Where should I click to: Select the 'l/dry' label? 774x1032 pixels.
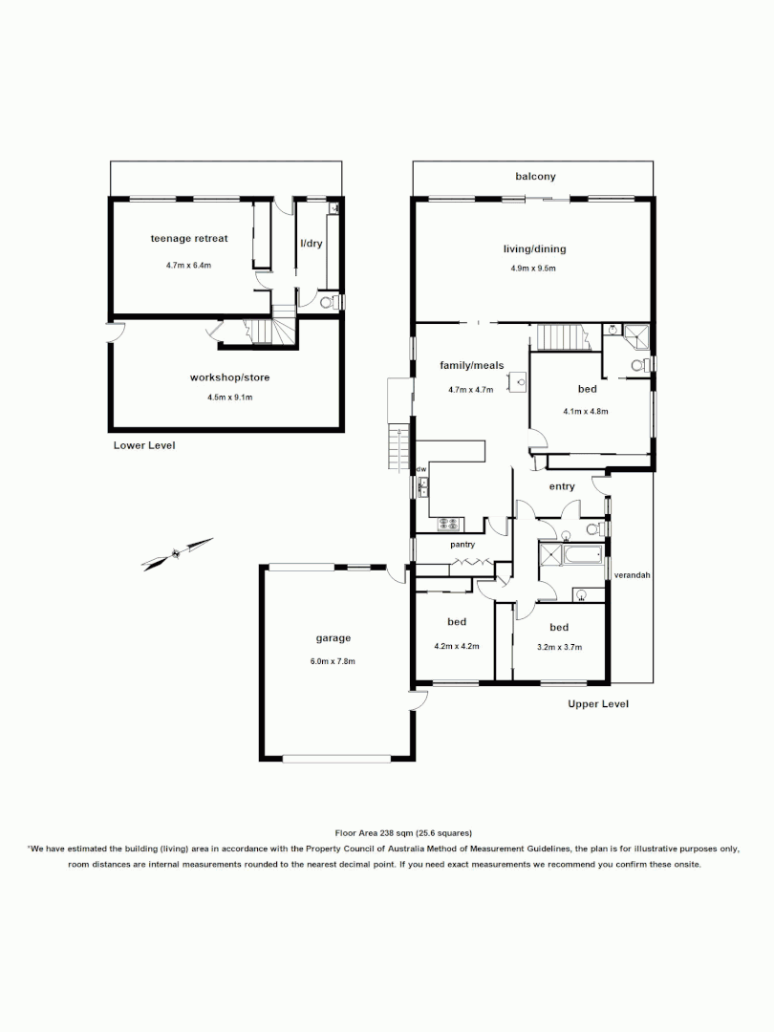click(x=311, y=244)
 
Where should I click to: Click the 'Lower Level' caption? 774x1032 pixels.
click(x=144, y=445)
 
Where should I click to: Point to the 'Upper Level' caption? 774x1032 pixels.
click(x=598, y=704)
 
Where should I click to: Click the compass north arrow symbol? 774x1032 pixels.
click(x=177, y=554)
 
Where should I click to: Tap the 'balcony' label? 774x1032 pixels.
click(x=535, y=177)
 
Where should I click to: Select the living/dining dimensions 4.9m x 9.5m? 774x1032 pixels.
click(x=533, y=269)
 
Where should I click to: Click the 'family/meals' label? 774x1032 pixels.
click(x=470, y=365)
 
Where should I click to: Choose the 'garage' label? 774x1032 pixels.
click(x=333, y=638)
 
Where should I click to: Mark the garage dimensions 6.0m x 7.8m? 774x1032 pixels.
click(x=334, y=661)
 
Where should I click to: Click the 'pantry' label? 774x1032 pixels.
click(x=463, y=545)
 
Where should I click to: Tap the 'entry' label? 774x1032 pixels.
click(x=562, y=486)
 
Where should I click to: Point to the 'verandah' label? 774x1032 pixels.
click(x=632, y=575)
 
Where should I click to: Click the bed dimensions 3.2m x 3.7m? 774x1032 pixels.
click(x=558, y=647)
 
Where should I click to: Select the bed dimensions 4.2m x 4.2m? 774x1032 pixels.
click(x=456, y=646)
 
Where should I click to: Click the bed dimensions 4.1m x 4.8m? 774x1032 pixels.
click(x=586, y=411)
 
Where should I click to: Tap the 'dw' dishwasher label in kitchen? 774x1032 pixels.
click(x=420, y=469)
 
